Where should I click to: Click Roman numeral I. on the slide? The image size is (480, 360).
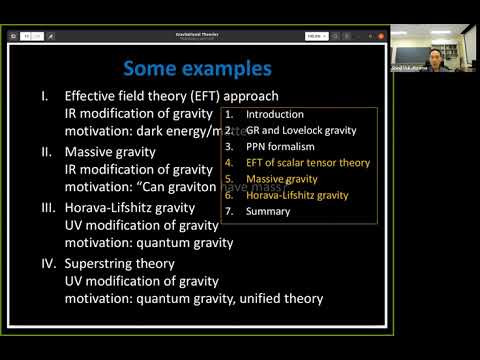(x=45, y=96)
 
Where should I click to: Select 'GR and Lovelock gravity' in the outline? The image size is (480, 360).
(x=303, y=130)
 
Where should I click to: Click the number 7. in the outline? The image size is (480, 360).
(x=229, y=212)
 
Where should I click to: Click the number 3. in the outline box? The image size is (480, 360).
(x=229, y=146)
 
